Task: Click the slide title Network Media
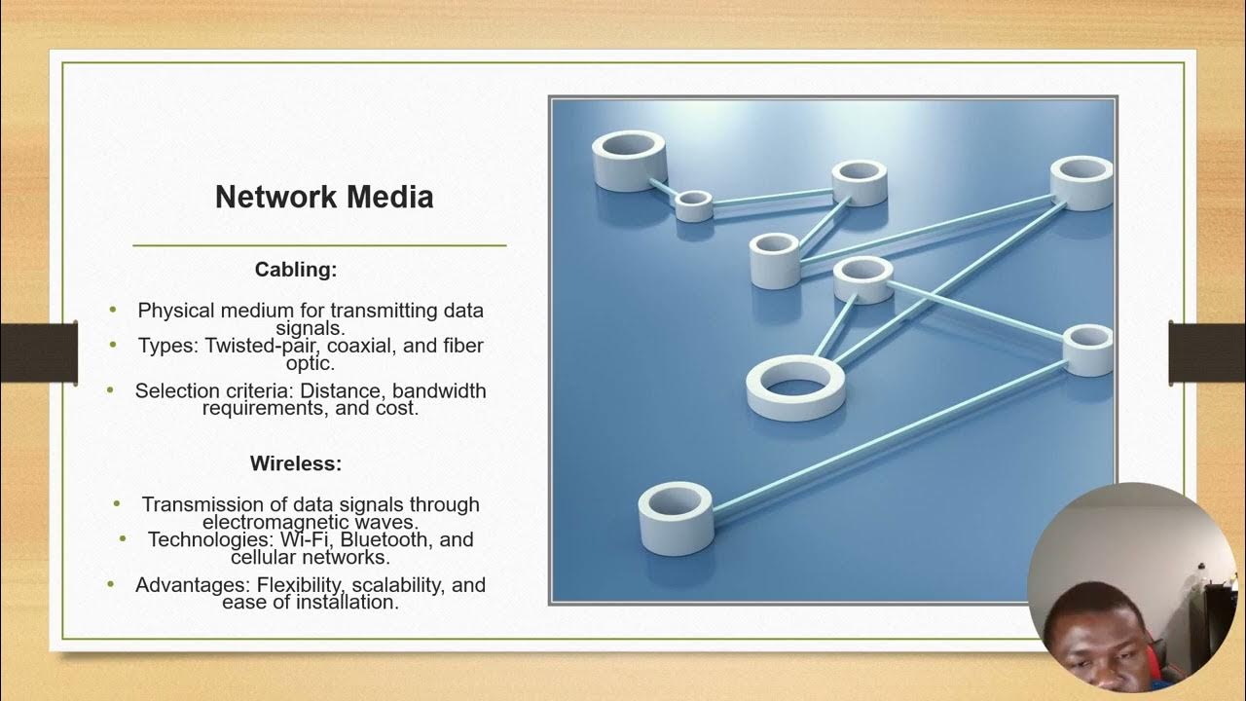pos(324,198)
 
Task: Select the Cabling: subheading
pos(296,270)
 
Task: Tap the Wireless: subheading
pos(296,463)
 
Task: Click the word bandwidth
pos(439,390)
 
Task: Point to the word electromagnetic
pos(289,522)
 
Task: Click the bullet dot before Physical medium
pos(113,310)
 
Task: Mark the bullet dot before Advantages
pos(112,584)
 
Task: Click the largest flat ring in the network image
pos(795,387)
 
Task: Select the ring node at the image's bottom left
pos(676,517)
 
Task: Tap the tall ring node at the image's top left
pos(629,160)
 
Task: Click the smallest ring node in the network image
pos(693,204)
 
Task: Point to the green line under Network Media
pos(319,245)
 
